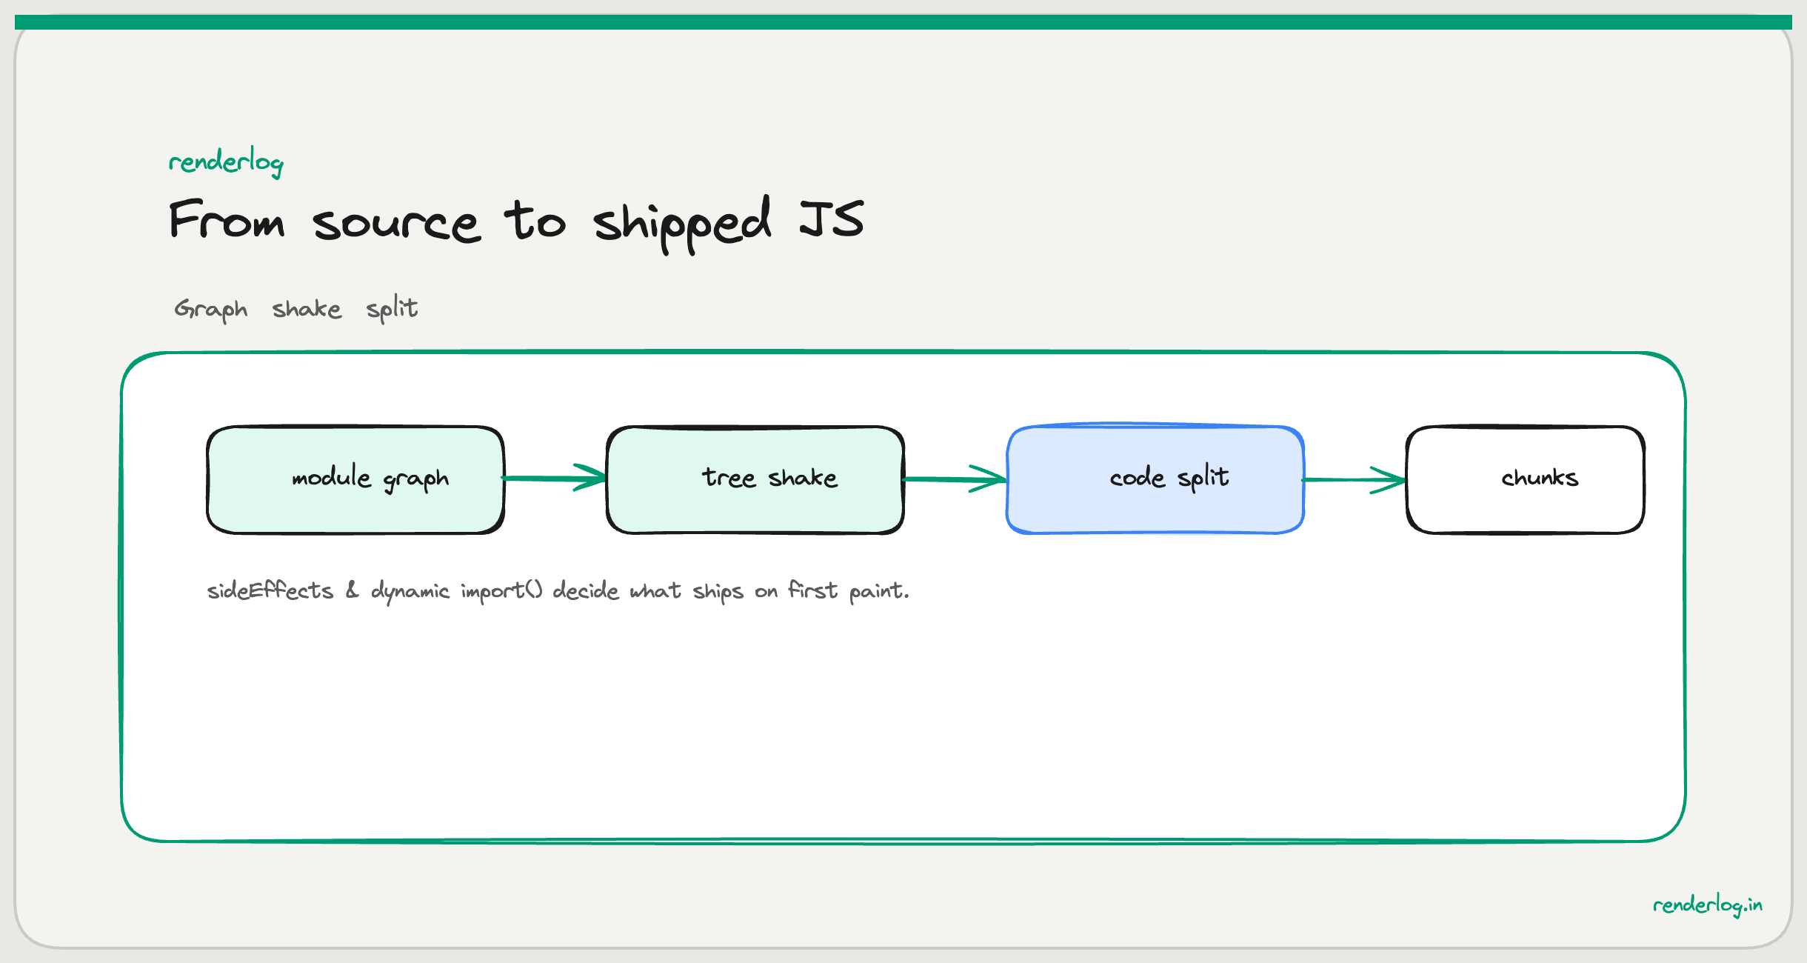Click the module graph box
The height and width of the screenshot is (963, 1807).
click(x=355, y=479)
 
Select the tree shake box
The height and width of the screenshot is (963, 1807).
click(x=755, y=479)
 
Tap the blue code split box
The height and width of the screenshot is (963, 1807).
click(x=1155, y=479)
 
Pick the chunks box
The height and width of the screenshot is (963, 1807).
click(x=1526, y=479)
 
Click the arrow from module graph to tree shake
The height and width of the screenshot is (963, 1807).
click(x=555, y=479)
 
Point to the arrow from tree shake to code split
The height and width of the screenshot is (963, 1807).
click(x=955, y=479)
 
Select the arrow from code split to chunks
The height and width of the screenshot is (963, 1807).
click(x=1355, y=480)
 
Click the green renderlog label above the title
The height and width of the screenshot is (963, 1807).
click(x=226, y=161)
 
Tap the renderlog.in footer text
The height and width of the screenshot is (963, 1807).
click(x=1707, y=905)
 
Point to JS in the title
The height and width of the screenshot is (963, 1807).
click(x=832, y=219)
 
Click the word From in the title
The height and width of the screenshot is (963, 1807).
click(x=227, y=221)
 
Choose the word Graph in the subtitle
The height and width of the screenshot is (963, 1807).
click(x=211, y=309)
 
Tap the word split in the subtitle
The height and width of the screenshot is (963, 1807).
click(x=392, y=308)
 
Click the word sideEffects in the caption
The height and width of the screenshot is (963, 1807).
click(x=270, y=591)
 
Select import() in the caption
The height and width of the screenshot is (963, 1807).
click(x=501, y=591)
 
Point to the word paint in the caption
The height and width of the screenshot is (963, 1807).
click(x=877, y=591)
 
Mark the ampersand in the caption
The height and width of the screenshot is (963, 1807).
click(x=352, y=590)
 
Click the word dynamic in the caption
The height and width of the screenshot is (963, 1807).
click(x=410, y=591)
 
